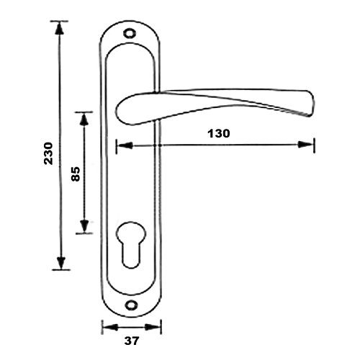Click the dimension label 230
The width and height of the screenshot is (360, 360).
point(48,153)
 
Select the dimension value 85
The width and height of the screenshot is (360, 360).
point(76,174)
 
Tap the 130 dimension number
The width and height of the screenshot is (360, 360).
point(219,133)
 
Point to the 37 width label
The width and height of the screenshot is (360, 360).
point(132,341)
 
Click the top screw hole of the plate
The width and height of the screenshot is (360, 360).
point(130,33)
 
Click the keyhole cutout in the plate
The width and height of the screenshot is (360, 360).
point(131,244)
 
